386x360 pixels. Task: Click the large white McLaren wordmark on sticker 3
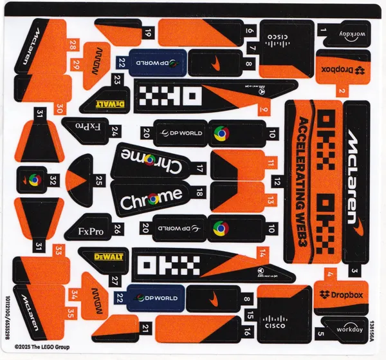click(x=353, y=175)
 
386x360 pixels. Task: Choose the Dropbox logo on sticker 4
click(x=341, y=295)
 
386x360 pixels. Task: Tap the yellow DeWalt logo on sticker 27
click(x=109, y=256)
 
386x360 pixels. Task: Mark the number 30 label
click(x=60, y=108)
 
